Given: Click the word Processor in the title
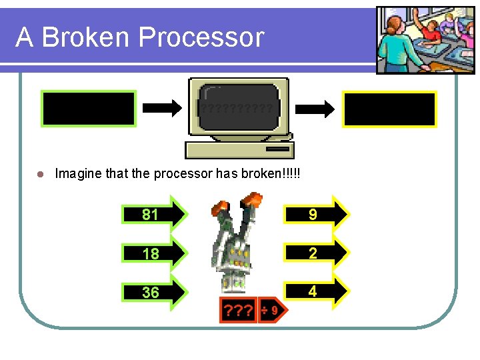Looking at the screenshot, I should [x=203, y=37].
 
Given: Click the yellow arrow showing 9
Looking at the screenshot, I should [x=316, y=214].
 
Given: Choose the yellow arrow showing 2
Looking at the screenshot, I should [x=316, y=253].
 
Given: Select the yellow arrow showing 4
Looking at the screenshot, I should [x=316, y=291].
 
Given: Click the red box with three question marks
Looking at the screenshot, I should [x=239, y=310].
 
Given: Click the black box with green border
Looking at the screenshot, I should [x=89, y=109].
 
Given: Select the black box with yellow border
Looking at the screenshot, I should [x=389, y=109].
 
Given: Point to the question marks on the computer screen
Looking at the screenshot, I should [x=238, y=107].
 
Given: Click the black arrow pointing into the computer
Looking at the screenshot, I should [x=162, y=107].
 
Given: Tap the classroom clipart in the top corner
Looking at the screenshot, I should [x=417, y=40].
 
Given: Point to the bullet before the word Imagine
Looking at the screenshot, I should [x=40, y=174].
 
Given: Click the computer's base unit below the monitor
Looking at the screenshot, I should [x=238, y=149].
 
